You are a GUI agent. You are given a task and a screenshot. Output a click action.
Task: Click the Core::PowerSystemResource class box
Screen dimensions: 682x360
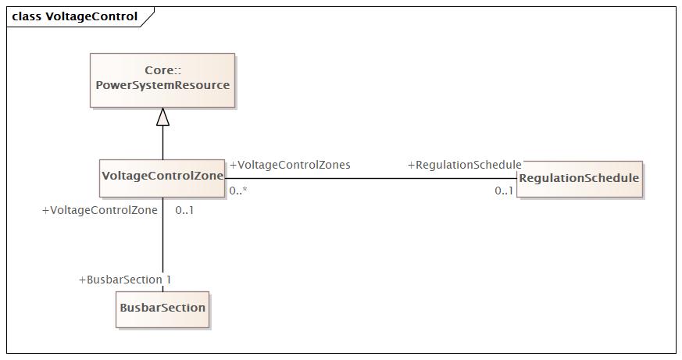(162, 80)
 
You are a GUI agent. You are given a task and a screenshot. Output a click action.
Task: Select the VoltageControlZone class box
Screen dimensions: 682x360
(162, 178)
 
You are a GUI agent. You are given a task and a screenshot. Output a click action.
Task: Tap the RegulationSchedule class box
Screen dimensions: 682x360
(580, 179)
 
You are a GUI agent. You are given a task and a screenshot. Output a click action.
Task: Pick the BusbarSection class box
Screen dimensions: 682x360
(162, 309)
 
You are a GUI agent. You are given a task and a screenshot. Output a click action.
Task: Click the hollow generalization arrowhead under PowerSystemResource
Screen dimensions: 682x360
(162, 117)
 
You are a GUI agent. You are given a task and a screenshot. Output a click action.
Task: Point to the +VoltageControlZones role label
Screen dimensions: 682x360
(290, 166)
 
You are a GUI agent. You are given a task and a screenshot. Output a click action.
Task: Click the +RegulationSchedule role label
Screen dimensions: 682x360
(465, 166)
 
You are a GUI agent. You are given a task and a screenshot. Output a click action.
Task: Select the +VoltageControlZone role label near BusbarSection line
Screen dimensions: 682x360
(99, 210)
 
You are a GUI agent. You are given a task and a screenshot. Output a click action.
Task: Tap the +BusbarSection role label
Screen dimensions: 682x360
(120, 280)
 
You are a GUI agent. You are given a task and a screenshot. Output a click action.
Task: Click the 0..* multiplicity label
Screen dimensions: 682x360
(238, 191)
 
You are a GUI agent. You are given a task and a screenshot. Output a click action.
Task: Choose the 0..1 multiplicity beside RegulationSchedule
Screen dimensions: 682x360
(504, 191)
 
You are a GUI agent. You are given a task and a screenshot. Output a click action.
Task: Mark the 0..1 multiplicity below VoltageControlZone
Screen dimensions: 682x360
(184, 210)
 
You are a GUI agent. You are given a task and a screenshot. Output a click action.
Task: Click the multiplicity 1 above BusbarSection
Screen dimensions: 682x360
(168, 280)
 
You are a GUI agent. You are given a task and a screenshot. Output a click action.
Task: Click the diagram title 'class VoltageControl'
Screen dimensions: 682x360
(75, 16)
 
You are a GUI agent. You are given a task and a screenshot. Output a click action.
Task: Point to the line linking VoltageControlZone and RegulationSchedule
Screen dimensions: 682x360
(371, 178)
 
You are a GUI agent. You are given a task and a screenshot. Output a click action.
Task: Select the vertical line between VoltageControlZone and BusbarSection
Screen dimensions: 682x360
(163, 244)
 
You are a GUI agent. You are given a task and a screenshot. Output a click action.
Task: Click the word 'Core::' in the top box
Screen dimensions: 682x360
(162, 70)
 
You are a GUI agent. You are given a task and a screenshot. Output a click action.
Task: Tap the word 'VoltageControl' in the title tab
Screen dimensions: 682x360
(91, 16)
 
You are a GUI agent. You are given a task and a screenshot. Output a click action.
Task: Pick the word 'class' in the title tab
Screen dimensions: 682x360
(27, 16)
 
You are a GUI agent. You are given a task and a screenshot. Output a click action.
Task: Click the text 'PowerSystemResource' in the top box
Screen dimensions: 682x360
(162, 85)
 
